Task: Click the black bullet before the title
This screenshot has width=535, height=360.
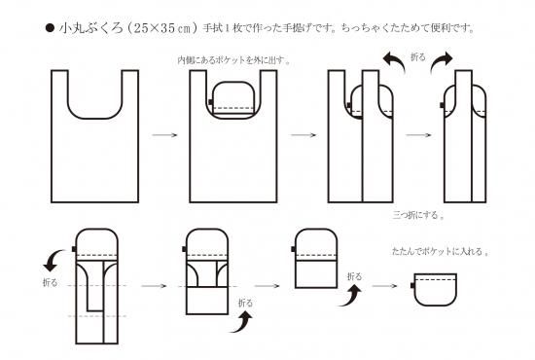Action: [x=50, y=27]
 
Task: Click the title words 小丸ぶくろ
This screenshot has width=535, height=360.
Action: [x=91, y=27]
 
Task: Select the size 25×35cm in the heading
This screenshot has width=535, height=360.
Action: [x=161, y=27]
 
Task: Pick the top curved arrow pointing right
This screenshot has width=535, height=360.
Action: [x=441, y=62]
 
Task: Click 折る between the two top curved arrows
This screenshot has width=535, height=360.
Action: [x=418, y=57]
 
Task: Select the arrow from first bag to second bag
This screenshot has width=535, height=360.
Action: [x=164, y=135]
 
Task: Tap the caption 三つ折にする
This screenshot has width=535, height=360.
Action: [x=415, y=215]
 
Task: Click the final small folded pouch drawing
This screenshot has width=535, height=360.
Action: [x=435, y=289]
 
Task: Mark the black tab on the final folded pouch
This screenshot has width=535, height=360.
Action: [x=412, y=285]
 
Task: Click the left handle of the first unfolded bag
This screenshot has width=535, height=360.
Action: [x=59, y=90]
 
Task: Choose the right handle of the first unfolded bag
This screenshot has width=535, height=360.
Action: [x=130, y=90]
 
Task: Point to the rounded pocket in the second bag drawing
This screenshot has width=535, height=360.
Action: [x=233, y=99]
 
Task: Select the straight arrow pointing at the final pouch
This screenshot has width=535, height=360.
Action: [x=385, y=286]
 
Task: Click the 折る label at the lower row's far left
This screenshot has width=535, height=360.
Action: [x=51, y=282]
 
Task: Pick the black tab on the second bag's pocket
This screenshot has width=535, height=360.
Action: [x=210, y=102]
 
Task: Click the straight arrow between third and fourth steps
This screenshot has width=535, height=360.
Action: [x=418, y=135]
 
